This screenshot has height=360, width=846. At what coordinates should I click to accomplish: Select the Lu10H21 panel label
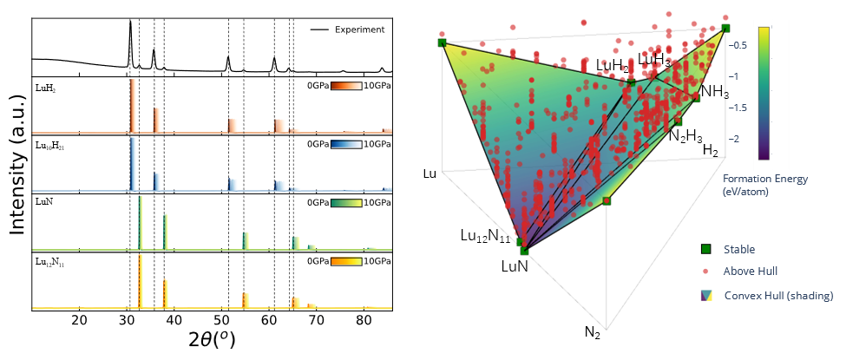(51, 147)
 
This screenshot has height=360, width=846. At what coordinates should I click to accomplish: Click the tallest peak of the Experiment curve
(130, 23)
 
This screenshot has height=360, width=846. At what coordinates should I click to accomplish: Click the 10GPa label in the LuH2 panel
(377, 86)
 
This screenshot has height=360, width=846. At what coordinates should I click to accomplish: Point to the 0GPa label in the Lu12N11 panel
(318, 260)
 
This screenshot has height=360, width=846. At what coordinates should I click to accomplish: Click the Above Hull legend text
(751, 272)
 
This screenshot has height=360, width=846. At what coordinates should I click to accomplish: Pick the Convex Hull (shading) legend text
(778, 296)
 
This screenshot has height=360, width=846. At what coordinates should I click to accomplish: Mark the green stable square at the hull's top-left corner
(442, 42)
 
